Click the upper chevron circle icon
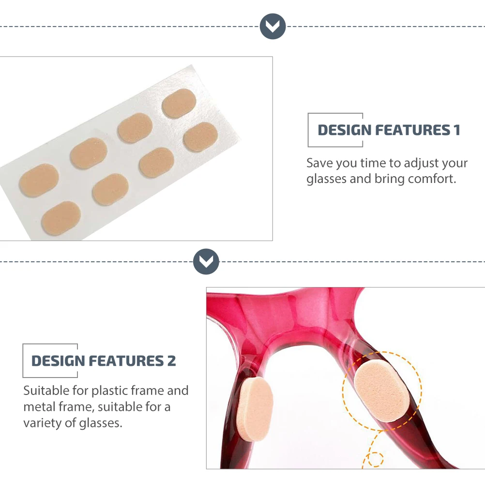tap(273, 26)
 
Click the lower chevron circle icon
tap(206, 261)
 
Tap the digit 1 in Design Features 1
tap(456, 130)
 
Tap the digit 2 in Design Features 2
tap(172, 361)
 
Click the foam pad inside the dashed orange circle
tap(382, 392)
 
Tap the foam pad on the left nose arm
tap(257, 409)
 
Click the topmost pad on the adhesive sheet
tap(179, 103)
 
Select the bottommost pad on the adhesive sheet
tap(61, 218)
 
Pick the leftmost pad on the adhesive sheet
tap(39, 181)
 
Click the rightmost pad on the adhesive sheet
tap(200, 136)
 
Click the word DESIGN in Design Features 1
tap(345, 130)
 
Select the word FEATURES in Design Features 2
tap(126, 361)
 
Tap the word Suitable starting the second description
tap(46, 391)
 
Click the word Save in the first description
tap(319, 163)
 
